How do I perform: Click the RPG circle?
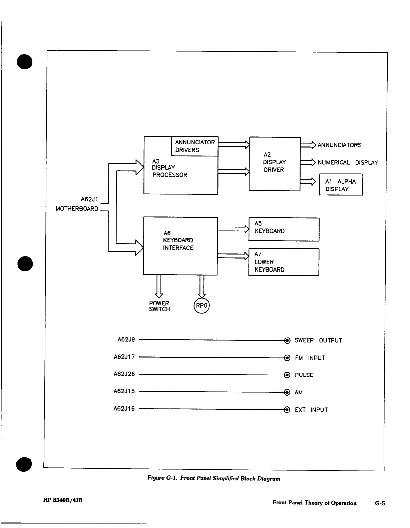tap(201, 306)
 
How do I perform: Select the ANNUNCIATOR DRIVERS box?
tap(194, 146)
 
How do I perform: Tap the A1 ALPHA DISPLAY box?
tap(341, 185)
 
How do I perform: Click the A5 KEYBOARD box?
tap(284, 229)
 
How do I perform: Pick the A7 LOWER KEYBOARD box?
tap(284, 262)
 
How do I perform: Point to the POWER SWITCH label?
tap(159, 306)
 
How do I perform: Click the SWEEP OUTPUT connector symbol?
tap(287, 340)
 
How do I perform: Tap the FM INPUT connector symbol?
tap(287, 358)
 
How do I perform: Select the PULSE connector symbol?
tap(287, 375)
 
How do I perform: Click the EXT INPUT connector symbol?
tap(287, 410)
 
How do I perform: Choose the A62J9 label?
tap(126, 340)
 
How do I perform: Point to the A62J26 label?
tap(124, 374)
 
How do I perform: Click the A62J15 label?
tap(124, 391)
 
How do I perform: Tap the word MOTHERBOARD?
tap(77, 209)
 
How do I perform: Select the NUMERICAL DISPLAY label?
tap(347, 163)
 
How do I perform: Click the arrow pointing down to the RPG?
tap(201, 286)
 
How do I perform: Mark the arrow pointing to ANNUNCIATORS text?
tap(308, 145)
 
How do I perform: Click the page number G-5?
tap(380, 503)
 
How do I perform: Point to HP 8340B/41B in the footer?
tap(63, 500)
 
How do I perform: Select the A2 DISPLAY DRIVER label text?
tap(274, 162)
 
